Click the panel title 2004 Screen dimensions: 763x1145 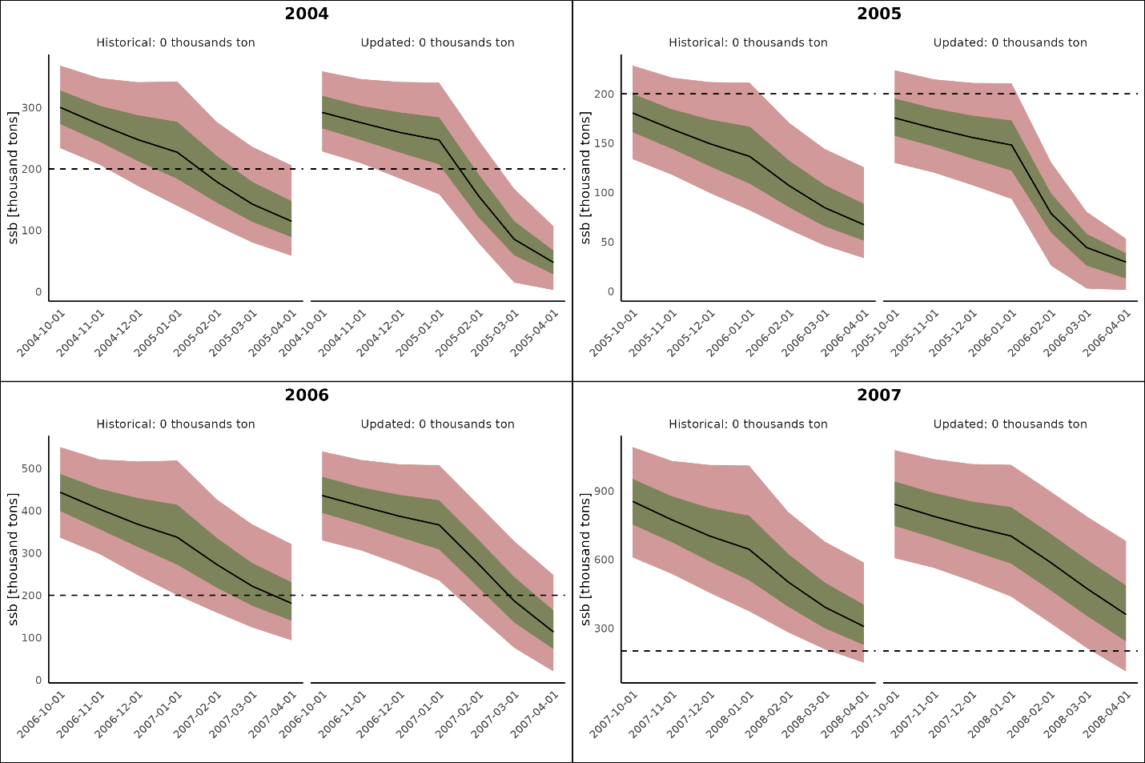click(x=307, y=14)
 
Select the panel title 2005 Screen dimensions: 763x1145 click(x=879, y=14)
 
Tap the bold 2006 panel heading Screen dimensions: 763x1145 click(x=307, y=395)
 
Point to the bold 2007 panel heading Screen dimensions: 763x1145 click(x=879, y=395)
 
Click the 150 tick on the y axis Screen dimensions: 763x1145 click(x=605, y=143)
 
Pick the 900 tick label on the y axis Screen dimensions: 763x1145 click(x=605, y=491)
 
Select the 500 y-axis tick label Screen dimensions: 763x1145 click(x=33, y=468)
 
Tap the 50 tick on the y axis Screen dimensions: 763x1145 click(x=608, y=243)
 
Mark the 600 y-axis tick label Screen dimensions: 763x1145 click(x=605, y=560)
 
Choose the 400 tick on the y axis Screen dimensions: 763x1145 click(x=33, y=511)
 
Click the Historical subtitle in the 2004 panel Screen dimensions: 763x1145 click(x=175, y=42)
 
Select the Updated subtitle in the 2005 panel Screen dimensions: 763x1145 click(x=1010, y=42)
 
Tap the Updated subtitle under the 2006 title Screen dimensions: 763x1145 click(x=437, y=424)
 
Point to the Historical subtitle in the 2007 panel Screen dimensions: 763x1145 click(x=748, y=424)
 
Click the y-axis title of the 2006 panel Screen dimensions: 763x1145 click(x=13, y=559)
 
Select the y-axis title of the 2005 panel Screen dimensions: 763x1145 click(x=585, y=178)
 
